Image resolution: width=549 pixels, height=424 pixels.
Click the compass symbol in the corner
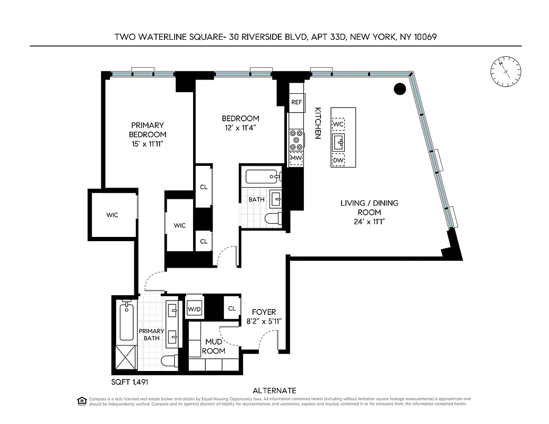pos(504,73)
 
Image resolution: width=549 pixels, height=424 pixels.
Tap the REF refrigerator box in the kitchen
pos(297,102)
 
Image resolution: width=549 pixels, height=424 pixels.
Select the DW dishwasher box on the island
pos(338,160)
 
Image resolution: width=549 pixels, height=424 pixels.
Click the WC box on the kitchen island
pos(338,124)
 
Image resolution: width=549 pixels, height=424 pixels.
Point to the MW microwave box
pos(296,158)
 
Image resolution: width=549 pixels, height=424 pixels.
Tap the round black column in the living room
pos(400,89)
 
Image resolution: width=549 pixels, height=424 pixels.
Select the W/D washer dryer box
pos(194,309)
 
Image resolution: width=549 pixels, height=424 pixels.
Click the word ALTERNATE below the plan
pos(274,391)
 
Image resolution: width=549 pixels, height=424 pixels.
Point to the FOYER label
pos(264,313)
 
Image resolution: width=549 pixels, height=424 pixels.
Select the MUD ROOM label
pos(214,347)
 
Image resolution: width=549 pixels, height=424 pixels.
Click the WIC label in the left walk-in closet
pos(112,215)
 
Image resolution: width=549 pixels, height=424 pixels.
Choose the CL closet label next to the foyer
pos(232,308)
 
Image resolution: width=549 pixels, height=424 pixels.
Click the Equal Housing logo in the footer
pos(82,401)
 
